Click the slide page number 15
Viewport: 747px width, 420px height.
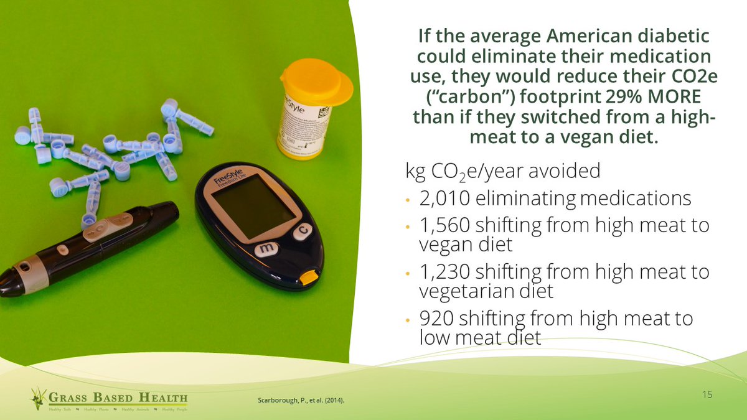click(x=707, y=394)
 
